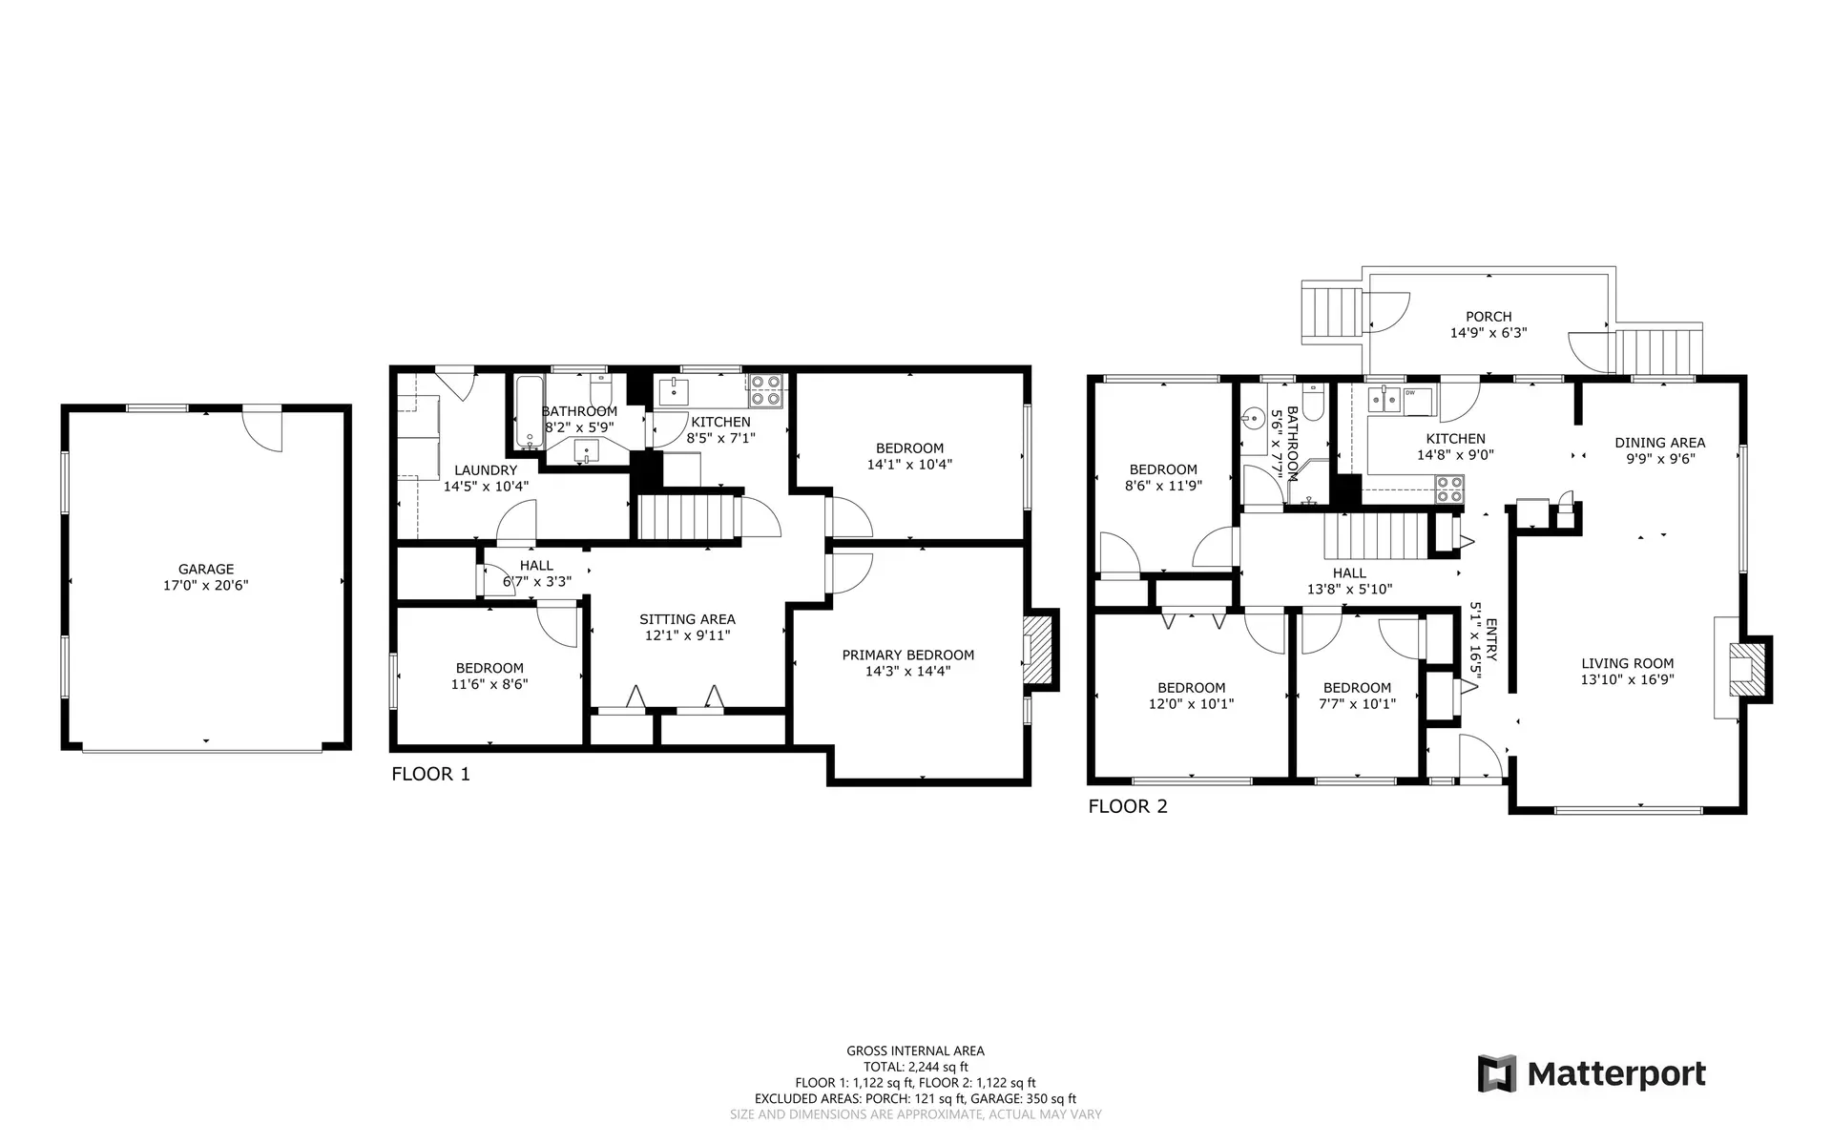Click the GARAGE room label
coord(205,570)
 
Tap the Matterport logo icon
coord(1496,1073)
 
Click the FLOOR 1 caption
coord(430,774)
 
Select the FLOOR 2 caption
coord(1128,806)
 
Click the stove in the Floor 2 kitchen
coord(1449,489)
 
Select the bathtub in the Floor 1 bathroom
coord(528,412)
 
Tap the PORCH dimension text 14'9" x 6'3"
coord(1488,333)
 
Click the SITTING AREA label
coord(687,619)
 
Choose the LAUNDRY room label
coord(486,469)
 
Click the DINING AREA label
coord(1659,442)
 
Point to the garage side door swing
coord(262,429)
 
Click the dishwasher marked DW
coord(1416,400)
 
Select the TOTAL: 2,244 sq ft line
coord(915,1067)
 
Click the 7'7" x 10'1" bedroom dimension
coord(1357,704)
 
